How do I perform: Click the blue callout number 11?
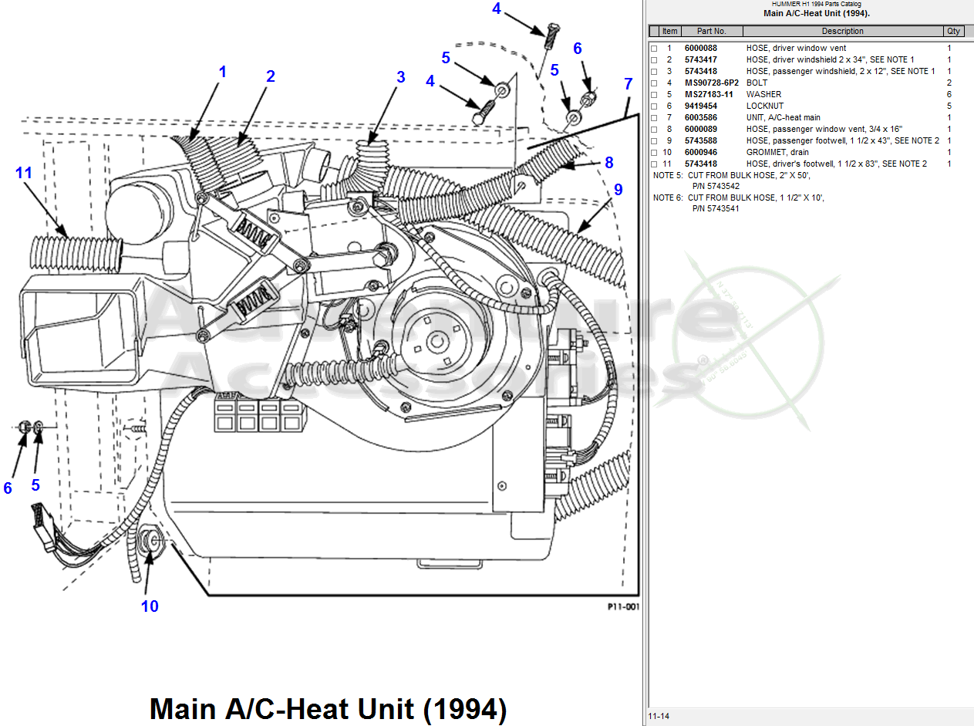coord(24,173)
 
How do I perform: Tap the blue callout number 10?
coord(150,606)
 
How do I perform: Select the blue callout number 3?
coord(400,77)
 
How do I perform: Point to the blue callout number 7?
coord(629,83)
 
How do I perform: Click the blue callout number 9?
coord(618,190)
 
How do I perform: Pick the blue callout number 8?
coord(608,163)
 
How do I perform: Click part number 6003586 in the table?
coord(700,117)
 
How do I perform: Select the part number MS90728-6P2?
coord(711,83)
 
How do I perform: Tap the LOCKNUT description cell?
coord(764,106)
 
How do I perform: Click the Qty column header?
coord(953,31)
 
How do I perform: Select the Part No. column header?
coord(711,31)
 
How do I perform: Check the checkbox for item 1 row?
coord(654,49)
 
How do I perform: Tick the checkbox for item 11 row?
coord(654,164)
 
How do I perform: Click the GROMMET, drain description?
coord(777,152)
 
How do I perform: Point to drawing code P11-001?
coord(623,606)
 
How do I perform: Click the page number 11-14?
coord(659,716)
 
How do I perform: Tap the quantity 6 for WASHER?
coord(949,94)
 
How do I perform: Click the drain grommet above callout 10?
coord(151,540)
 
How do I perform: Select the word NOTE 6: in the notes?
coord(668,198)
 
